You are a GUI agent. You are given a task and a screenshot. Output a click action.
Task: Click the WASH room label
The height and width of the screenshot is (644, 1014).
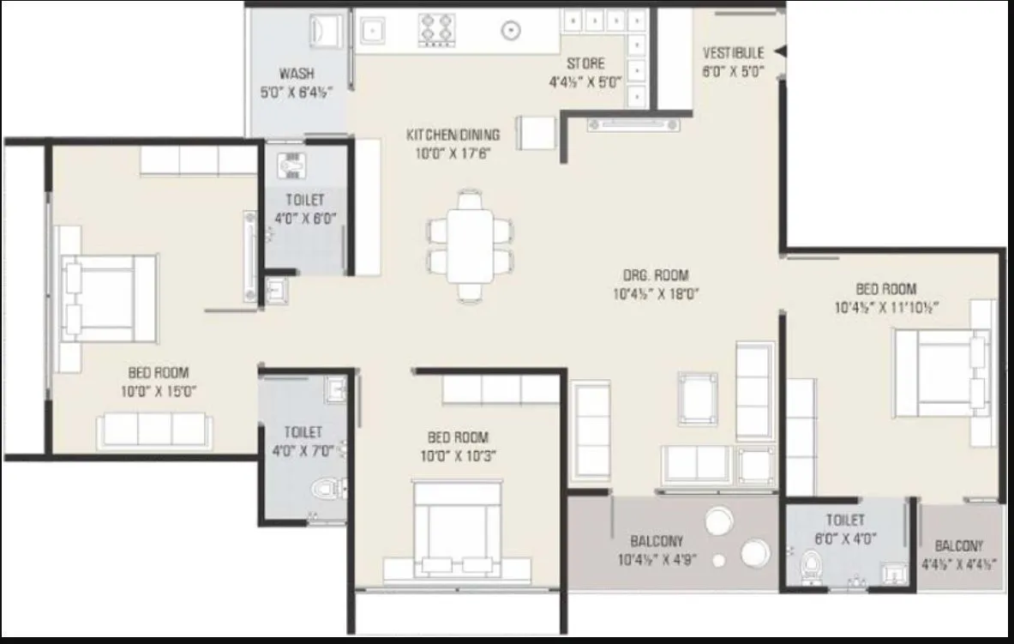296,74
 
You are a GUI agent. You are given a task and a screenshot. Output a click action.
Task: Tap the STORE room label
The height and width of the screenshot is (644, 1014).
585,63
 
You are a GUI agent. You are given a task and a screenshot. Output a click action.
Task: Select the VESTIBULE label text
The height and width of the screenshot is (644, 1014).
733,53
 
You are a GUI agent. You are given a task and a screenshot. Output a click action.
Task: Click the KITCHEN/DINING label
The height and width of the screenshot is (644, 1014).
453,135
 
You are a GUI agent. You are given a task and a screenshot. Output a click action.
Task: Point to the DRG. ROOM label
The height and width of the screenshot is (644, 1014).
656,275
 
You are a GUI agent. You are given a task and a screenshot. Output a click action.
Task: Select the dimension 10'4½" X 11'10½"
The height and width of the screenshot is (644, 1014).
885,308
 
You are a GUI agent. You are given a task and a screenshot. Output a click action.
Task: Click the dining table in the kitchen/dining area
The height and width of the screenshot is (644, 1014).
469,244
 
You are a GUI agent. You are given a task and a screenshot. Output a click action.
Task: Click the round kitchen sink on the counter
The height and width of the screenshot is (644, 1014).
511,28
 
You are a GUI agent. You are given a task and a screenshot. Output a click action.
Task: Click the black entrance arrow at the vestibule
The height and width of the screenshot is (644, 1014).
779,52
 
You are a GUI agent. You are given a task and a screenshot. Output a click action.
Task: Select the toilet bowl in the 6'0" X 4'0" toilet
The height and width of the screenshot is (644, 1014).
808,569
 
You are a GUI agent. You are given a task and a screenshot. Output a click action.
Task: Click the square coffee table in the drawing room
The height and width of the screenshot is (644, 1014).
698,398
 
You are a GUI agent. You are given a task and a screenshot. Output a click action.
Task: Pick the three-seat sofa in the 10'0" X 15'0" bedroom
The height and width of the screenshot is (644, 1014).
154,428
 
